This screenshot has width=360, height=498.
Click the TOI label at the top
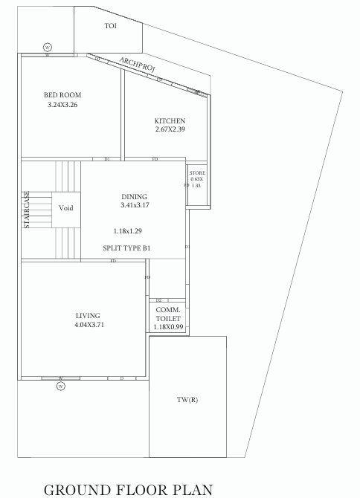pyautogui.click(x=110, y=25)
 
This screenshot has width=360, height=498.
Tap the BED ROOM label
pyautogui.click(x=62, y=95)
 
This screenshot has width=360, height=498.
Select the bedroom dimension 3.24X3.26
pyautogui.click(x=62, y=106)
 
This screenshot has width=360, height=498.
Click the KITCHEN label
pyautogui.click(x=170, y=120)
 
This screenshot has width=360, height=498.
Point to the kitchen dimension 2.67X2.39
pyautogui.click(x=170, y=130)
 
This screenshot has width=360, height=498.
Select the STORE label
pyautogui.click(x=196, y=172)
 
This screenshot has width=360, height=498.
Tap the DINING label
pyautogui.click(x=134, y=197)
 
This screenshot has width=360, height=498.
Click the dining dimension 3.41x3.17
pyautogui.click(x=134, y=206)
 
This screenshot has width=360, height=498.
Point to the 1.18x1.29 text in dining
pyautogui.click(x=127, y=231)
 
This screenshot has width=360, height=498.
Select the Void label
pyautogui.click(x=66, y=208)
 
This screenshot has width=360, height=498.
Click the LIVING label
pyautogui.click(x=88, y=316)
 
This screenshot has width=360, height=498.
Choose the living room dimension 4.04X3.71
pyautogui.click(x=89, y=326)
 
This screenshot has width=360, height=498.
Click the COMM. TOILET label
pyautogui.click(x=167, y=314)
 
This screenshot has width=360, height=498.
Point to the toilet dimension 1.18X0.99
pyautogui.click(x=167, y=327)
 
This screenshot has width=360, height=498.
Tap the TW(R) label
pyautogui.click(x=187, y=400)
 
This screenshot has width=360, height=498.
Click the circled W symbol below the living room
pyautogui.click(x=61, y=386)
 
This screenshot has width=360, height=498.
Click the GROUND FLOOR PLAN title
pyautogui.click(x=129, y=489)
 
